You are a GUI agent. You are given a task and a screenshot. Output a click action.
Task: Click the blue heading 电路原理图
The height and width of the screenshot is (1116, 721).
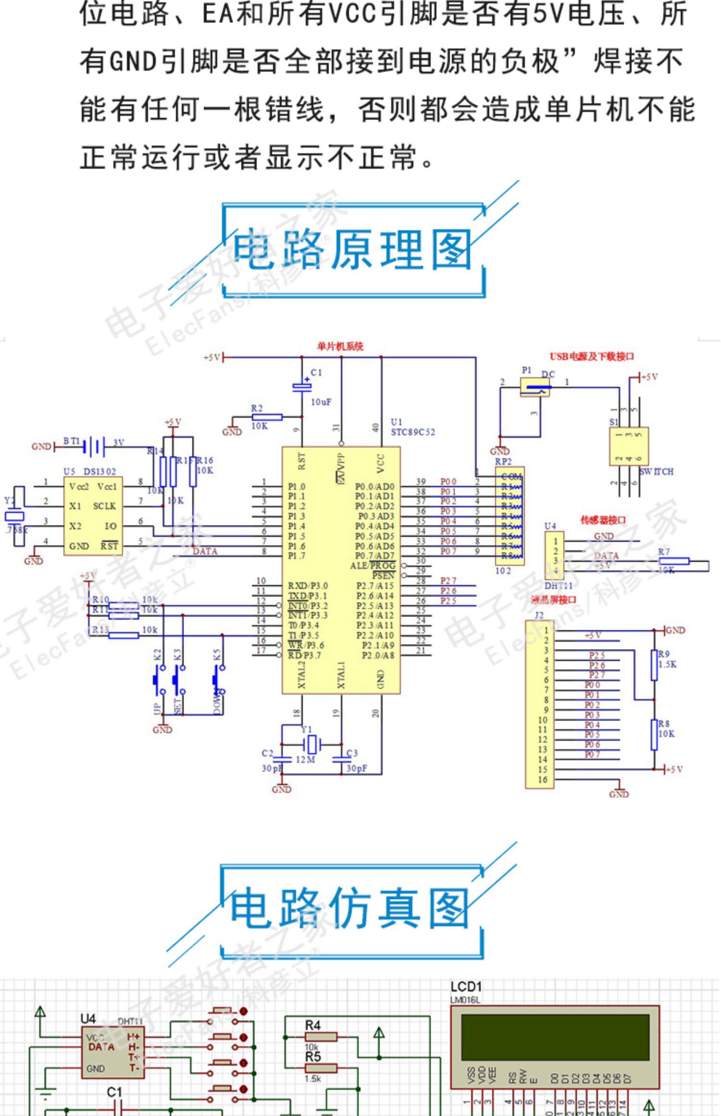pyautogui.click(x=352, y=249)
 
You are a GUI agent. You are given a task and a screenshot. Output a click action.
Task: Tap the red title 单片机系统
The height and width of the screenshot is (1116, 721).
pyautogui.click(x=340, y=346)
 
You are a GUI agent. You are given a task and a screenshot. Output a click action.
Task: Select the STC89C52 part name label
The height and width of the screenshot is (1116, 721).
pyautogui.click(x=412, y=432)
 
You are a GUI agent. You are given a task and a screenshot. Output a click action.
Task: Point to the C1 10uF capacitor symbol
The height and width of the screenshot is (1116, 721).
pyautogui.click(x=302, y=386)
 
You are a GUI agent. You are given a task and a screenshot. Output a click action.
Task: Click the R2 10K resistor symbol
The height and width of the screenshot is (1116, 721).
pyautogui.click(x=267, y=417)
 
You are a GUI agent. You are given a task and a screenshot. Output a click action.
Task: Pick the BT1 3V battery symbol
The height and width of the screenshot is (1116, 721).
pyautogui.click(x=94, y=446)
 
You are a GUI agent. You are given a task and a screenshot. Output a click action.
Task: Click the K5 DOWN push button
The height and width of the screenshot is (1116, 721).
pyautogui.click(x=218, y=680)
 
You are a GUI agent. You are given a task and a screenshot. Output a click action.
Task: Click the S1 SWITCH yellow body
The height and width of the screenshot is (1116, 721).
pyautogui.click(x=629, y=446)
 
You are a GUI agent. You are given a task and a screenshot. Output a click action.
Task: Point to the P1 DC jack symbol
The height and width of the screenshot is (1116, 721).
pyautogui.click(x=535, y=387)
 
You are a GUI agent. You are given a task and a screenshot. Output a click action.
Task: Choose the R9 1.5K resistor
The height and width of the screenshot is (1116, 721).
pyautogui.click(x=654, y=665)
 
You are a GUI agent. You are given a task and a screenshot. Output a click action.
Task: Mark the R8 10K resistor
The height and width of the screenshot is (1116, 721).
pyautogui.click(x=654, y=734)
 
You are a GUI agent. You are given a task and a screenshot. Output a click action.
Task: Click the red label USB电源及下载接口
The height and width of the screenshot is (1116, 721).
pyautogui.click(x=592, y=356)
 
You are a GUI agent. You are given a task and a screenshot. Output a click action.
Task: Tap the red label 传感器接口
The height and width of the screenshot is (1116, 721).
pyautogui.click(x=603, y=520)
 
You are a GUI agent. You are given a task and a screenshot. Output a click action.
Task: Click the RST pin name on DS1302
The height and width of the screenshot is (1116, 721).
pyautogui.click(x=109, y=546)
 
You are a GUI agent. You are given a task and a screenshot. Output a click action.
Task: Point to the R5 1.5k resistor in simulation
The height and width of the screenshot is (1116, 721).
pyautogui.click(x=321, y=1068)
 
